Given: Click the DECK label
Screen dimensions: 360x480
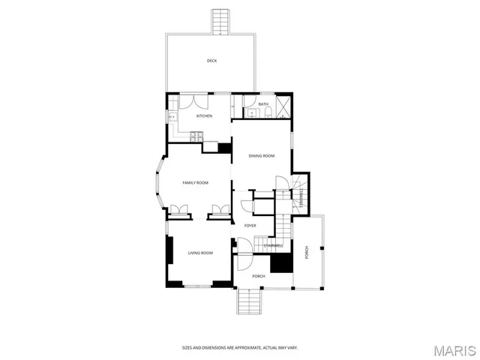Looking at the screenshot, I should click(x=212, y=61).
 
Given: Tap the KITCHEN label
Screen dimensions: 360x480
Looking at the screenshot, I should click(x=204, y=115).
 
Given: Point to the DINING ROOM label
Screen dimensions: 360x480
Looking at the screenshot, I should click(x=262, y=155).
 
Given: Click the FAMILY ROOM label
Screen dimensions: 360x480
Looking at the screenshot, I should click(x=196, y=183).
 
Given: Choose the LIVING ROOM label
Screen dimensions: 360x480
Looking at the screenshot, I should click(x=200, y=253).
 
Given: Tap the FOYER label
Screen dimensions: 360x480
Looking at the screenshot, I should click(x=250, y=225).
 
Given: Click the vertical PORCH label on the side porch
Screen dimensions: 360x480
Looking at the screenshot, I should click(x=307, y=253).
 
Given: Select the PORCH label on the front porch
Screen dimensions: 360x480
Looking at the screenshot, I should click(x=259, y=276).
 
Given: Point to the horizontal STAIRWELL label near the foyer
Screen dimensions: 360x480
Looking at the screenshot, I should click(x=273, y=245).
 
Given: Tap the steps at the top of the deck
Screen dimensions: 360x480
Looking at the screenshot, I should click(x=220, y=21).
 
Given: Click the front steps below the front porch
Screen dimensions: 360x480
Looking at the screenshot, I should click(x=249, y=301).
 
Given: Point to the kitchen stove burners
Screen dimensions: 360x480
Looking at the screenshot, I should click(x=196, y=136).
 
